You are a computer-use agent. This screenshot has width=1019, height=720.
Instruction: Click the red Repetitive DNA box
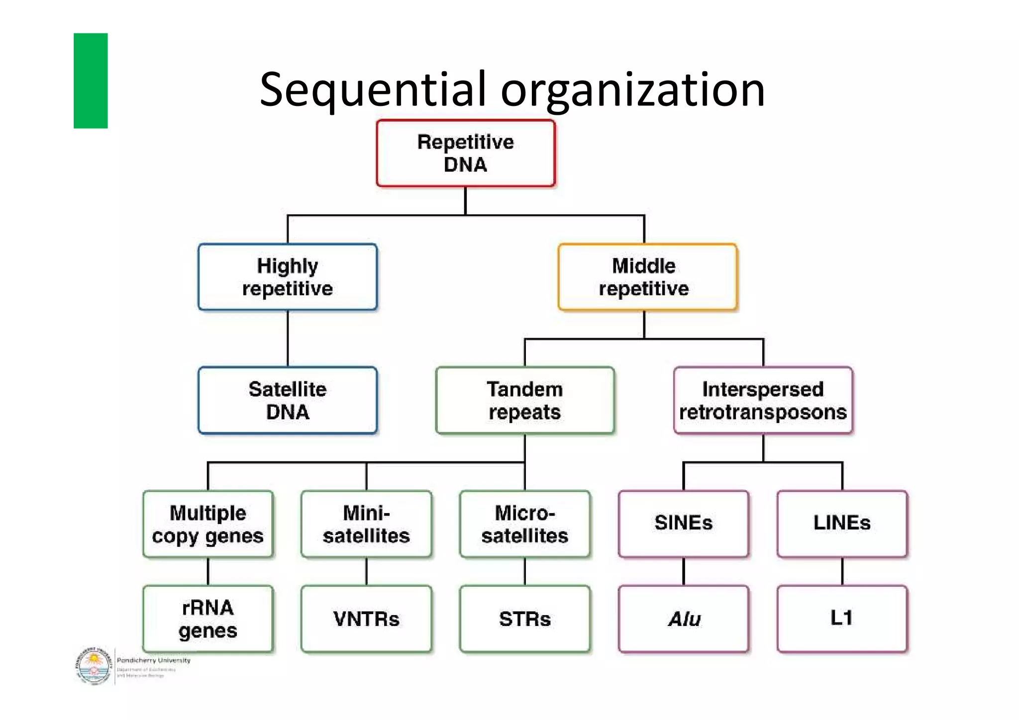[x=465, y=153]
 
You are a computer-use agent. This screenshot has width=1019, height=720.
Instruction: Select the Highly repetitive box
[x=288, y=277]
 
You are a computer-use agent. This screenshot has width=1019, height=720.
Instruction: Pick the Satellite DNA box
[x=288, y=400]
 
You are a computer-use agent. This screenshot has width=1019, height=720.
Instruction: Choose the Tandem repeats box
[x=525, y=400]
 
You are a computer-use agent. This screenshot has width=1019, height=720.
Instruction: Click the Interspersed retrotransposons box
[x=763, y=400]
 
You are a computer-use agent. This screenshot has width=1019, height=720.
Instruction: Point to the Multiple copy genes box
[x=208, y=524]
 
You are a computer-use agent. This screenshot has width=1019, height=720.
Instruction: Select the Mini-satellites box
[x=366, y=524]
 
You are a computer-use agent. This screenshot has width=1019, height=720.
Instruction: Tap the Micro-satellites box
[x=525, y=524]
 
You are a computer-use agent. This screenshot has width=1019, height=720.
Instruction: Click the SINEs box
[x=683, y=523]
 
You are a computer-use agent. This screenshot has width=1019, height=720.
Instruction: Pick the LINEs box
[x=842, y=523]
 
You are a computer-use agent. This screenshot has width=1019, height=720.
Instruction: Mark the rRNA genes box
[x=208, y=619]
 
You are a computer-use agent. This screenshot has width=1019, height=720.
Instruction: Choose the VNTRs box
[x=366, y=619]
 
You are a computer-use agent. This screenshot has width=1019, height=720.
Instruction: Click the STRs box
[x=525, y=619]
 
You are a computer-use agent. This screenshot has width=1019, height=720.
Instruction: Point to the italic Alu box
[x=683, y=619]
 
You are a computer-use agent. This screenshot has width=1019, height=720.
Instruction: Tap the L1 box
[x=842, y=619]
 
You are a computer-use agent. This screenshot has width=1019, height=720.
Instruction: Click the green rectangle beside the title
[x=91, y=81]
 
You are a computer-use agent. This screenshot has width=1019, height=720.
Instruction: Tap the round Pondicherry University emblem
[x=93, y=666]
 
